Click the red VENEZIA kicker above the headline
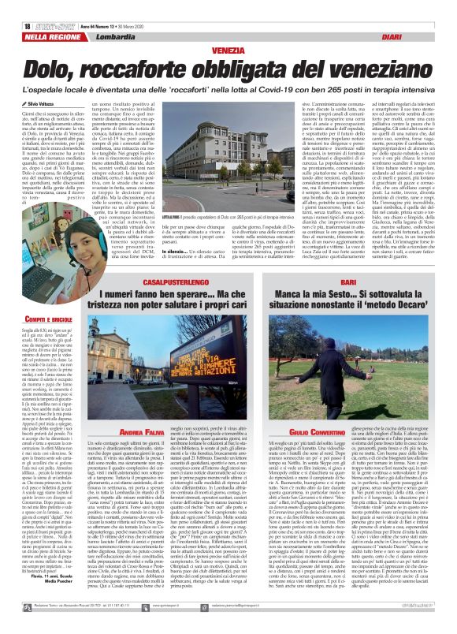[228, 28]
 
